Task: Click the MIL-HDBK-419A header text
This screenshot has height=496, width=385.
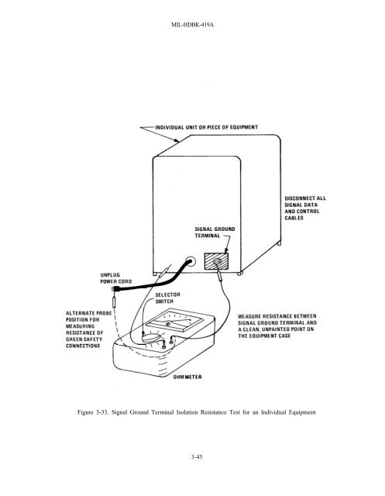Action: click(x=192, y=24)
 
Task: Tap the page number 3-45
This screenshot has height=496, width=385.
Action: click(x=197, y=456)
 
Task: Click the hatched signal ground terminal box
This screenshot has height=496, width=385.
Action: click(x=216, y=262)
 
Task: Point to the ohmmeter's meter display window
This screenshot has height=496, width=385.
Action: click(x=174, y=321)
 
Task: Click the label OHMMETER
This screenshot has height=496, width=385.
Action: click(x=187, y=377)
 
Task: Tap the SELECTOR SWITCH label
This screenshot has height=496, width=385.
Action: click(x=167, y=298)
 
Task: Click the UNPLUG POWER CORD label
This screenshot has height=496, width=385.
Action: click(x=116, y=278)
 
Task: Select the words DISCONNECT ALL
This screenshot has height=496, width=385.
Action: click(x=305, y=198)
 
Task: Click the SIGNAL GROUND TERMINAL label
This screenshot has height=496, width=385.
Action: click(x=215, y=232)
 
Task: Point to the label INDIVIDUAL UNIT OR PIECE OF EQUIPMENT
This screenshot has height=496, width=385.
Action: click(x=206, y=127)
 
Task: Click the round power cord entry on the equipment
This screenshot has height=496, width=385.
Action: click(x=191, y=262)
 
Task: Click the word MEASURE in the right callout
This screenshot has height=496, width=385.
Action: click(x=249, y=316)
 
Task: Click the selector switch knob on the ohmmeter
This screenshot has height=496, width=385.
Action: click(x=152, y=337)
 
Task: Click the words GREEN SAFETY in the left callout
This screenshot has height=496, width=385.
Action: click(x=84, y=339)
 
